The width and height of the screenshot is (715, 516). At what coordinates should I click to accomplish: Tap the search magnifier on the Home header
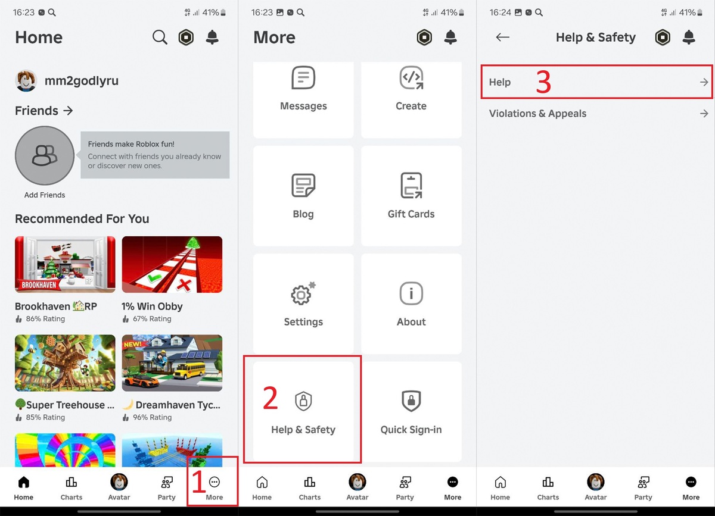[x=160, y=37]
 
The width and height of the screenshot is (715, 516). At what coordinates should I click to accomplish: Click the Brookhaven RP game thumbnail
[x=65, y=264]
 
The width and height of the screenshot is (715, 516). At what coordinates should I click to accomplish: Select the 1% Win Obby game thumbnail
[x=172, y=264]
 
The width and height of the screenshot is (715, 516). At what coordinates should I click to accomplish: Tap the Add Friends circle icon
[x=45, y=155]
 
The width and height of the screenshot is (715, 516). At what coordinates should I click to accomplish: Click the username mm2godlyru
[x=82, y=81]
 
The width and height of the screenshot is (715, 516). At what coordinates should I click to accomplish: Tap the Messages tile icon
[x=303, y=77]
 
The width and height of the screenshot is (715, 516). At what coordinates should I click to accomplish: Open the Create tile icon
[x=411, y=77]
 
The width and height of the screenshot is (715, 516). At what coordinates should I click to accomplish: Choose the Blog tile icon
[x=303, y=185]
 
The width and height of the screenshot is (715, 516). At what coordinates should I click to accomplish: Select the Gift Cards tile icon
[x=411, y=185]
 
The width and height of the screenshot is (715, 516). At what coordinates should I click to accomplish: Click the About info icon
[x=411, y=293]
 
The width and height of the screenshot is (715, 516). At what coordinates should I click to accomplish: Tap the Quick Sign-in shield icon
[x=411, y=401]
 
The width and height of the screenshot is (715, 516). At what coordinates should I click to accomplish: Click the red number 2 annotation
[x=271, y=398]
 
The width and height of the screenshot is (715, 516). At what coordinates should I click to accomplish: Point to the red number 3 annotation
[x=543, y=82]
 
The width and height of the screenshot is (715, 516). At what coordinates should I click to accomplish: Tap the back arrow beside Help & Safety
[x=502, y=37]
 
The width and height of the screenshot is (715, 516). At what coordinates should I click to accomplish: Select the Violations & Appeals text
[x=537, y=114]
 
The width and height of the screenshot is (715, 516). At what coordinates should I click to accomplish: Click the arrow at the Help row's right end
[x=704, y=82]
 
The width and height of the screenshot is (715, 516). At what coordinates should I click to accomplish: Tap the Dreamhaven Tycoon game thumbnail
[x=172, y=363]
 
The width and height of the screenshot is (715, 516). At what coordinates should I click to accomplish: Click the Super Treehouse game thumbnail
[x=65, y=363]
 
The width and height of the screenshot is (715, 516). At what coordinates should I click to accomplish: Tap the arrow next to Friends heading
[x=68, y=111]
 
